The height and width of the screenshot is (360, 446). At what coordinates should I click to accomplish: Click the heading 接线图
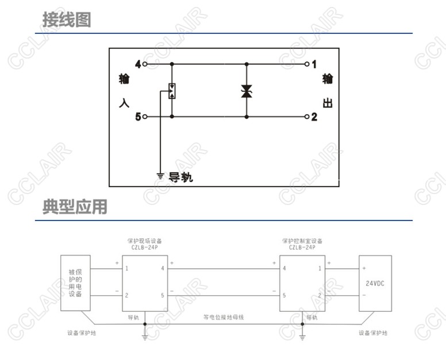tap(67, 20)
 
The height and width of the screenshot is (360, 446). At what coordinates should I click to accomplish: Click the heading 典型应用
tap(75, 207)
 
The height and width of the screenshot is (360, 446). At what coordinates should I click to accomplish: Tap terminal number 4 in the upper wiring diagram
tap(138, 64)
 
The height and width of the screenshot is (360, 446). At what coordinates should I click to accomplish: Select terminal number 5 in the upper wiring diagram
tap(138, 117)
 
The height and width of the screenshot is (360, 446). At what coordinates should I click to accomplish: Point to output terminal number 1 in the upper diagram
tap(314, 64)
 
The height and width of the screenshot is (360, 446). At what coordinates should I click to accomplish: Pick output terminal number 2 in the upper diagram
tap(314, 117)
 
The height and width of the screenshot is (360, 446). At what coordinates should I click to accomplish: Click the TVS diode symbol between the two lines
tap(247, 91)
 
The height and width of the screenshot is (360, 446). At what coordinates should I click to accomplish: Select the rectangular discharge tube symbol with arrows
tap(171, 91)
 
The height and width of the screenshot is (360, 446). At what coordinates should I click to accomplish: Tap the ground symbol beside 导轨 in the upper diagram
tap(160, 175)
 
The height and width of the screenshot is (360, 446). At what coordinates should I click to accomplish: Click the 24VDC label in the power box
tap(375, 283)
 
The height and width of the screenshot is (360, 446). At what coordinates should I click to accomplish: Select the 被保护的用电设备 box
tap(75, 282)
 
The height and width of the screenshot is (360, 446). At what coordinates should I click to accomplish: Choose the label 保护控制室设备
tap(302, 241)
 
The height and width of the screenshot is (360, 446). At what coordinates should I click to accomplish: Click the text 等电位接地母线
tap(224, 316)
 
